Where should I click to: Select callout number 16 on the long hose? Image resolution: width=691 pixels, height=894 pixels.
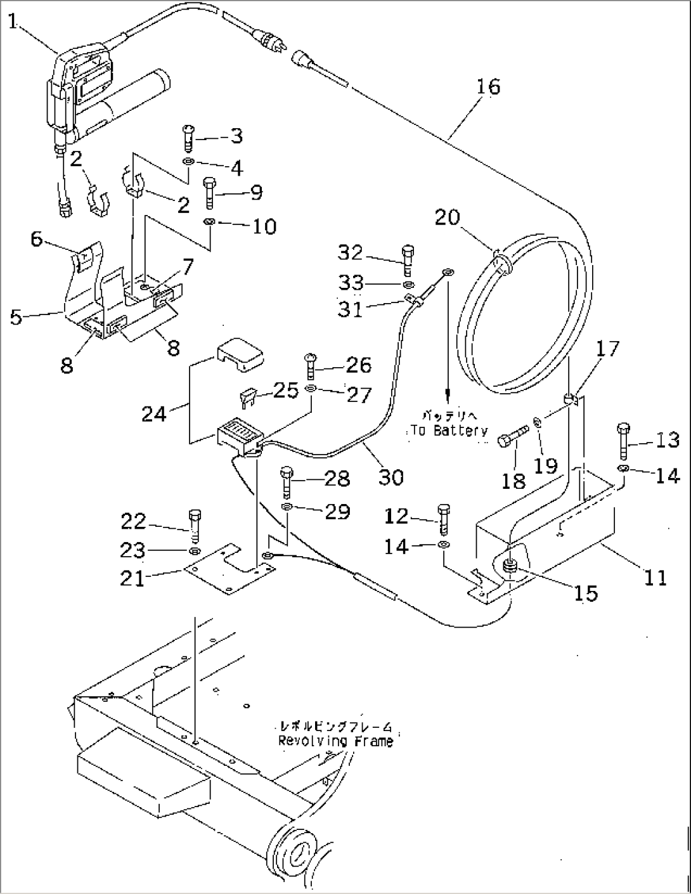[x=488, y=86]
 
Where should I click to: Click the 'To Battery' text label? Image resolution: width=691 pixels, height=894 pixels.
[x=448, y=431]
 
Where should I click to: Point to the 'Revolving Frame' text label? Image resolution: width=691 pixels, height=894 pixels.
[x=335, y=741]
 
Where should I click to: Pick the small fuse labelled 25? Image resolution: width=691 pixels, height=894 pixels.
[x=247, y=398]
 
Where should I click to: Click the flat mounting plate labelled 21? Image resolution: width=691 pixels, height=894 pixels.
[x=228, y=570]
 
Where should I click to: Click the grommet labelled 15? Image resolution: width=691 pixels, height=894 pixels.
[x=510, y=566]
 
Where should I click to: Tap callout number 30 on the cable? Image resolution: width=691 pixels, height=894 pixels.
[x=391, y=476]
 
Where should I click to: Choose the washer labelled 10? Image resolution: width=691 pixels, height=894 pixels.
[x=210, y=222]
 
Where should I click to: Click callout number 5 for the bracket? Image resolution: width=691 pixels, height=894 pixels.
[x=15, y=316]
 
